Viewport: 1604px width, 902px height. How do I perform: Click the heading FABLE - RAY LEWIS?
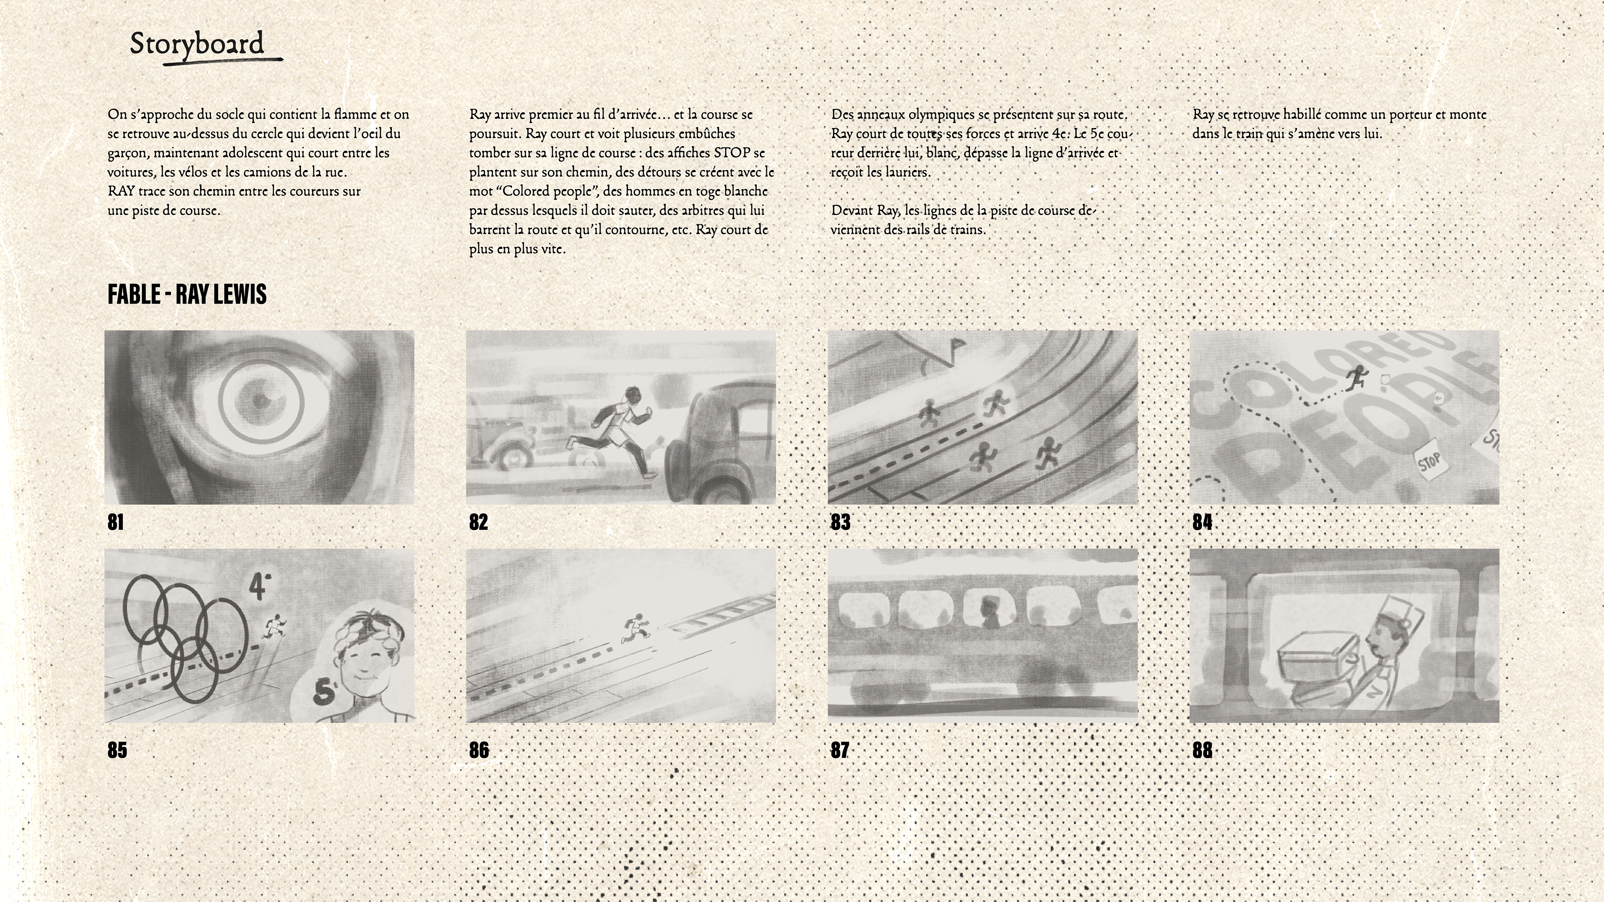[187, 294]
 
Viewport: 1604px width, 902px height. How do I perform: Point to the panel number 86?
[479, 750]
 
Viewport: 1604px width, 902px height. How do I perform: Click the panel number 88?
[1203, 750]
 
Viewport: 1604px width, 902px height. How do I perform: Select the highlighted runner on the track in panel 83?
[995, 403]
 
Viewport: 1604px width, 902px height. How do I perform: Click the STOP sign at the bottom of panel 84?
[1430, 462]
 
